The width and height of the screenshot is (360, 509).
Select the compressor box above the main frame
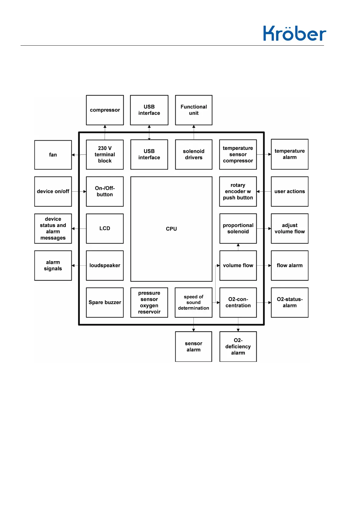pyautogui.click(x=105, y=110)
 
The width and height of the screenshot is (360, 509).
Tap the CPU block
pyautogui.click(x=171, y=229)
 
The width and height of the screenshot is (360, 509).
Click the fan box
pyautogui.click(x=53, y=155)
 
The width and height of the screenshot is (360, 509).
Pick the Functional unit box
pyautogui.click(x=194, y=110)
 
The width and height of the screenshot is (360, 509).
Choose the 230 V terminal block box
pyautogui.click(x=105, y=154)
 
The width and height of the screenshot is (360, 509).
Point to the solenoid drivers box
pyautogui.click(x=194, y=154)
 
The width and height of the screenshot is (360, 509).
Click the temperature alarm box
pyautogui.click(x=290, y=154)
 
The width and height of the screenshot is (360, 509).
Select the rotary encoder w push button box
pyautogui.click(x=238, y=191)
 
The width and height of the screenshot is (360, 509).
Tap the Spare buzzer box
pyautogui.click(x=105, y=302)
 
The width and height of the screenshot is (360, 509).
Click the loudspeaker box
pyautogui.click(x=105, y=265)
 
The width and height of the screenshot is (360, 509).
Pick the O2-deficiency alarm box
pyautogui.click(x=238, y=346)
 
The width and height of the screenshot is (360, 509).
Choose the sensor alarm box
pyautogui.click(x=193, y=346)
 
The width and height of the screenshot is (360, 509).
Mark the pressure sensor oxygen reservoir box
pyautogui.click(x=149, y=302)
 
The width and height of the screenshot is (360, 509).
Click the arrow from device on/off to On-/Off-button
pyautogui.click(x=79, y=191)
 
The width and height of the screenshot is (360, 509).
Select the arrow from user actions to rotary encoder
pyautogui.click(x=264, y=191)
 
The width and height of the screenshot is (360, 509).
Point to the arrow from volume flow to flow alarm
pyautogui.click(x=264, y=265)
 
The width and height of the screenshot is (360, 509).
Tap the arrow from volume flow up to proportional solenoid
pyautogui.click(x=238, y=247)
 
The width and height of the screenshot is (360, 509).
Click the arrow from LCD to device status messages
pyautogui.click(x=79, y=229)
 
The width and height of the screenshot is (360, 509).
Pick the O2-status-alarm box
pyautogui.click(x=290, y=302)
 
